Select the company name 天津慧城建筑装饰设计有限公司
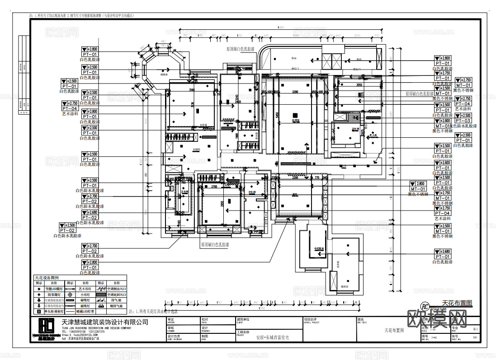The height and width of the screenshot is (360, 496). [x=104, y=322]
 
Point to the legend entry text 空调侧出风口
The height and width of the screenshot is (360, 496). [x=117, y=288]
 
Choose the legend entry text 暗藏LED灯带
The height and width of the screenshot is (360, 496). [x=85, y=312]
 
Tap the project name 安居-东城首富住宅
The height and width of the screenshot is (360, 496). [x=272, y=337]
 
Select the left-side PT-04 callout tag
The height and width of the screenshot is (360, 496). [x=70, y=108]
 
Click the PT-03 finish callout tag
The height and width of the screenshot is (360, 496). [x=463, y=121]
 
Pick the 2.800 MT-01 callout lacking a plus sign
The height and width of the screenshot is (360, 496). [x=418, y=187]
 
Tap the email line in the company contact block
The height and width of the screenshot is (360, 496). [x=76, y=335]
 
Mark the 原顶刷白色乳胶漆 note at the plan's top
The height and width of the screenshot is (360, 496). [x=240, y=48]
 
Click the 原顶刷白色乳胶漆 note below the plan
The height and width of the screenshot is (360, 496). [x=215, y=244]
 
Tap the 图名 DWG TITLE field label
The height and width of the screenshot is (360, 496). [x=362, y=320]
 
